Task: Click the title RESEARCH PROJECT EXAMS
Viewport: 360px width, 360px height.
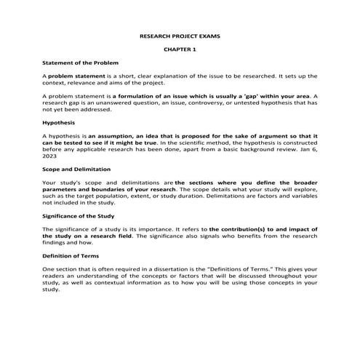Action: pos(180,36)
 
